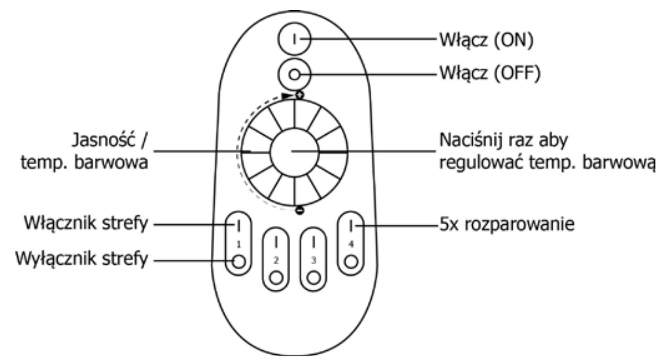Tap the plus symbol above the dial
[x=300, y=96]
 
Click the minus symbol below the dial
[x=299, y=210]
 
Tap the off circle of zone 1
[x=239, y=261]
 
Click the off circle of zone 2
[x=276, y=278]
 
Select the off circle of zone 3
[x=314, y=278]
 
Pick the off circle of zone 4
[x=351, y=261]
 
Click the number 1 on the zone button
[x=239, y=244]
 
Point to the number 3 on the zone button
[x=314, y=260]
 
